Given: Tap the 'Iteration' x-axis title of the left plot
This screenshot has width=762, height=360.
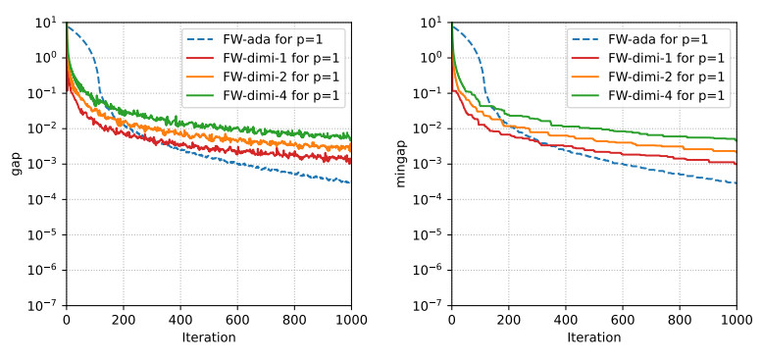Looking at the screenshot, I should tap(208, 337).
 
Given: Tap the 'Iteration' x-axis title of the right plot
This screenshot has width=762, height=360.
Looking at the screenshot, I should tap(593, 337).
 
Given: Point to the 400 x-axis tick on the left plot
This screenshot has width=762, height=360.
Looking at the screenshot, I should tap(179, 320).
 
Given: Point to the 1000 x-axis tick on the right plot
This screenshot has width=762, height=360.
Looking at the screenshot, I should tap(736, 320).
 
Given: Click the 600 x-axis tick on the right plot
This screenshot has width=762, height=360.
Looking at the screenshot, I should tap(622, 320).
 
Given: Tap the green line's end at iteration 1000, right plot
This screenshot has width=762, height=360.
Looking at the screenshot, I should tap(736, 139).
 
